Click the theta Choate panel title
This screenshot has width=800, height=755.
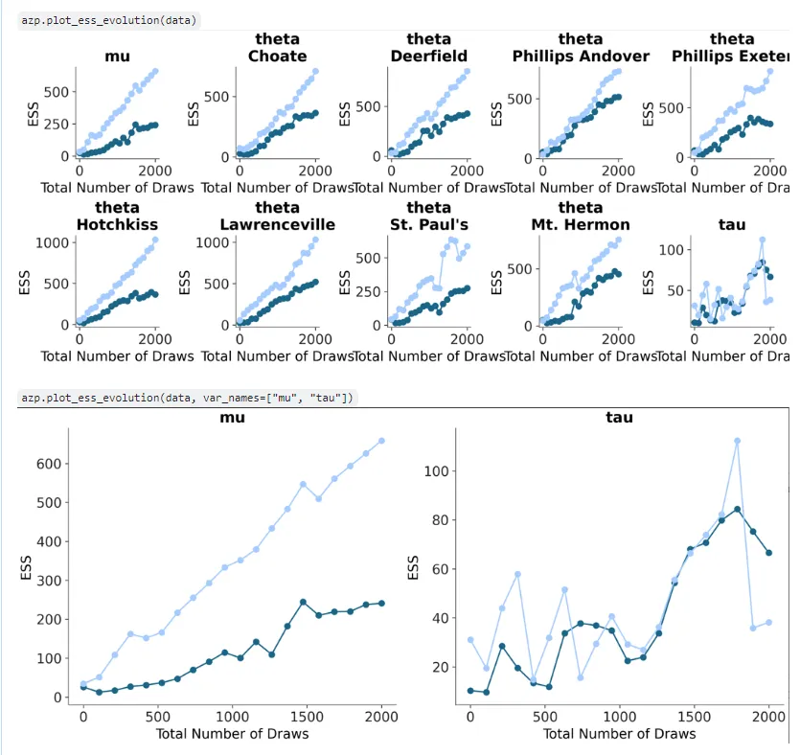coord(278,48)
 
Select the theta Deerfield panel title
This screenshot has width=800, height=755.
coord(428,48)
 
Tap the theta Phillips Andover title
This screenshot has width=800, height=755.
coord(581,48)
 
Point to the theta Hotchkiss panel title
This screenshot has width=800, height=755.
coord(117,216)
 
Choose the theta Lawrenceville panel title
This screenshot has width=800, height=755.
coord(278,216)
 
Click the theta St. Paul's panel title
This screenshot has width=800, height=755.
coord(428,216)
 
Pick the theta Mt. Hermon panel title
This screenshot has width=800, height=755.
coord(581,216)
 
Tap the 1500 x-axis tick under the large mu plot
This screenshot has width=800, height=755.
coord(307,716)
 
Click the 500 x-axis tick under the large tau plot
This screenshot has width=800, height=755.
coord(544,716)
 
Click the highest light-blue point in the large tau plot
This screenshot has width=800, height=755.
coord(737,441)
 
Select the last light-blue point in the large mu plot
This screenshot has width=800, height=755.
coord(381,441)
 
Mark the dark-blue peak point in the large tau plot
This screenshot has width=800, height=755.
coord(737,509)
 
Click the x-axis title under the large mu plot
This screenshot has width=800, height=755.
coord(233,734)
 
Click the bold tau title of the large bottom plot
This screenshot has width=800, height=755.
coord(619,418)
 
